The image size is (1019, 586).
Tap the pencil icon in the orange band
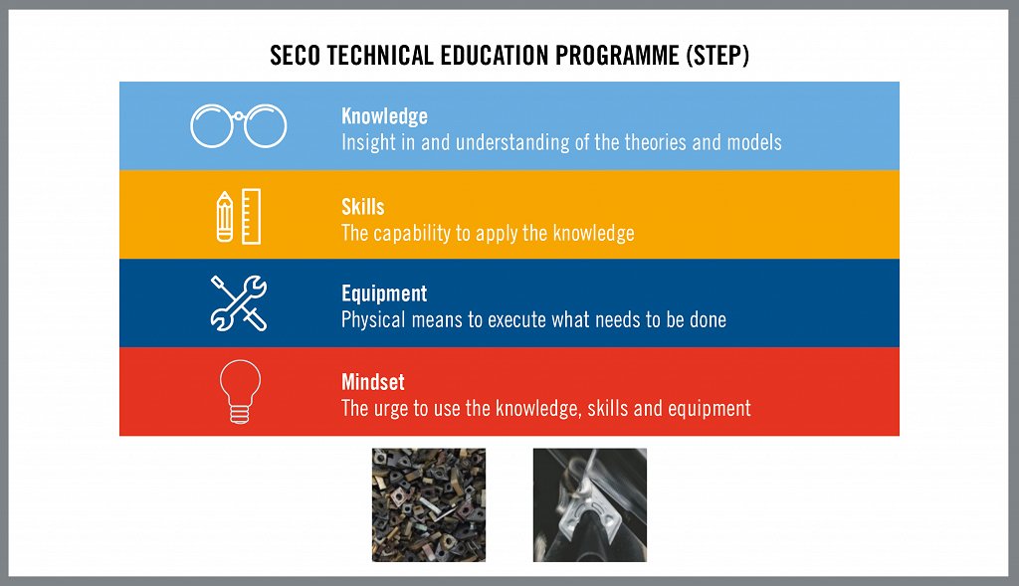[x=224, y=217]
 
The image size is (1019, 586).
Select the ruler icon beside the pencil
[x=252, y=216]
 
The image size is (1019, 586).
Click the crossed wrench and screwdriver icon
[x=239, y=302]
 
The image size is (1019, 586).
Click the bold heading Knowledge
[x=384, y=116]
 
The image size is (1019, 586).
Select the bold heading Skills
[x=362, y=207]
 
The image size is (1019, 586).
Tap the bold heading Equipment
[x=384, y=293]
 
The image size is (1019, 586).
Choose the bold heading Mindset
[x=373, y=382]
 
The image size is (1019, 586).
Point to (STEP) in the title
[x=717, y=56]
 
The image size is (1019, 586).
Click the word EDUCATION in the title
[x=495, y=56]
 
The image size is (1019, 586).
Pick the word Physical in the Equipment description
[x=373, y=319]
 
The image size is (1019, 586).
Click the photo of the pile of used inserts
[x=428, y=504]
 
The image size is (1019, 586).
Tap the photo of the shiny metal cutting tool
[x=589, y=504]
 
